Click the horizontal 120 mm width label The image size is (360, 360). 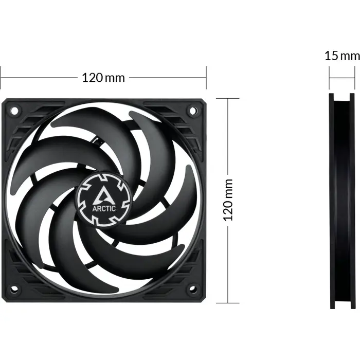point(103,78)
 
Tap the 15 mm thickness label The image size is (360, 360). point(342,56)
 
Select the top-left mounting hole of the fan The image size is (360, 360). point(14,110)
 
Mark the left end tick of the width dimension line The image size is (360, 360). point(1,78)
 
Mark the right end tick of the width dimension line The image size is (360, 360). point(206,78)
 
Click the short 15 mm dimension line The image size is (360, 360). point(342,78)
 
